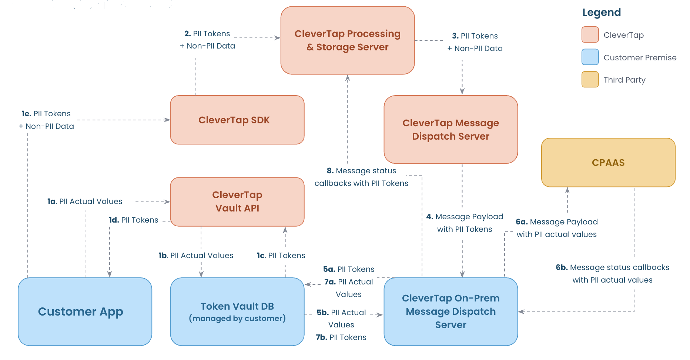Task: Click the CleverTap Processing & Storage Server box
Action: [x=347, y=40]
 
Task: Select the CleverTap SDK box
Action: [x=237, y=120]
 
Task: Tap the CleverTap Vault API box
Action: [x=237, y=201]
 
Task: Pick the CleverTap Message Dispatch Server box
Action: [x=450, y=129]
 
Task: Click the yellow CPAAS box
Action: [x=608, y=163]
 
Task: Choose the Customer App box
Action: [x=85, y=311]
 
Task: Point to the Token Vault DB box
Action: [x=237, y=311]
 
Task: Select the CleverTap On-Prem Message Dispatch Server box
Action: [x=450, y=311]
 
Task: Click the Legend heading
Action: [x=601, y=13]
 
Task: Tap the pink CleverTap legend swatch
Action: [x=590, y=35]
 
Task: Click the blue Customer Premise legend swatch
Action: [x=590, y=57]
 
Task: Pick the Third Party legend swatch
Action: [x=590, y=79]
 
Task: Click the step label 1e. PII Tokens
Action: [x=46, y=114]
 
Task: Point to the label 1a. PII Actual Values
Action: [x=85, y=201]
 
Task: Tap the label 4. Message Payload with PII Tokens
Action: [x=465, y=223]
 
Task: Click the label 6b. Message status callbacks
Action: [x=612, y=273]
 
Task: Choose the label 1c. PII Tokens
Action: [x=281, y=256]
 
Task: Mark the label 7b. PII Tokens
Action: [x=341, y=337]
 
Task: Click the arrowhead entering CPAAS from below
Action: [x=567, y=190]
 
